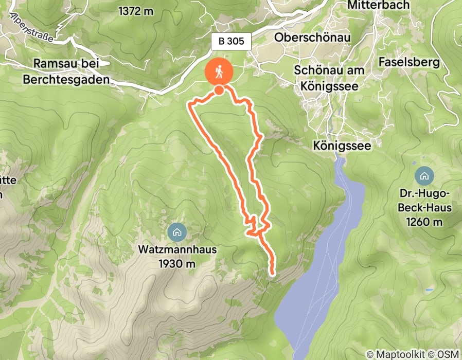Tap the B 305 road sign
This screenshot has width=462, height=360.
point(231,42)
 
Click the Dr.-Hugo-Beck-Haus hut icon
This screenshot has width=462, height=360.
point(424,176)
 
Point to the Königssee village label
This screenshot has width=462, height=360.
point(342,146)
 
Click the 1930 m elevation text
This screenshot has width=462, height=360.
point(177,264)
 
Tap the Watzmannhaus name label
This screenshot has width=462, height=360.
point(177,250)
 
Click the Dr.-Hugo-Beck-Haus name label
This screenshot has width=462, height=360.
point(424,201)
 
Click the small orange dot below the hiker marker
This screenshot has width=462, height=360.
point(219,91)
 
